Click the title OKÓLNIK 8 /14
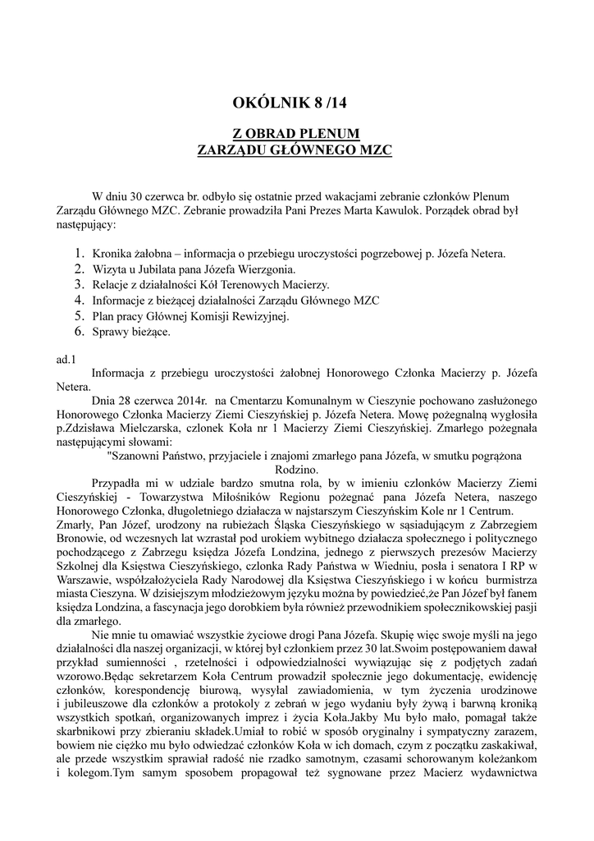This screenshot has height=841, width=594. pyautogui.click(x=296, y=103)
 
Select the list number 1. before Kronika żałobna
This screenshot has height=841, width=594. pyautogui.click(x=80, y=255)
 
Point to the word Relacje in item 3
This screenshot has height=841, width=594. pyautogui.click(x=112, y=285)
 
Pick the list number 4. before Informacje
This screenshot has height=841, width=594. pyautogui.click(x=80, y=301)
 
